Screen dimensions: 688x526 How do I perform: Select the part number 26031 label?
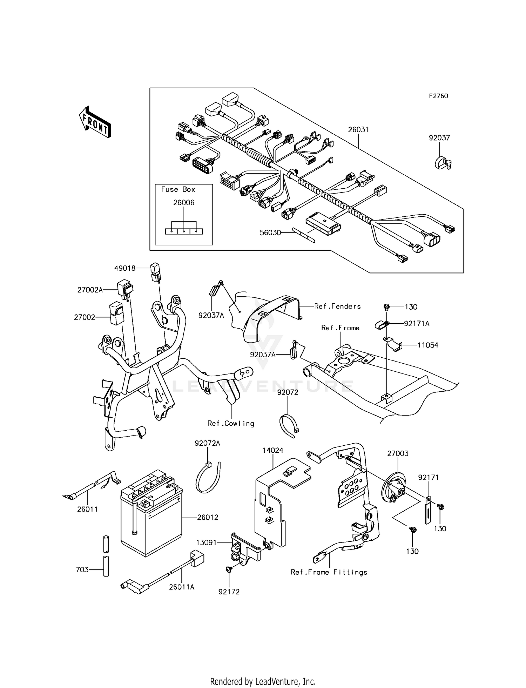tap(358, 130)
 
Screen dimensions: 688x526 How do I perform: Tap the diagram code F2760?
tap(438, 96)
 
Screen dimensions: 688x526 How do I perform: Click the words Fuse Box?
tap(178, 189)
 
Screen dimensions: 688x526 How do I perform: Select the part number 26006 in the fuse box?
tap(184, 203)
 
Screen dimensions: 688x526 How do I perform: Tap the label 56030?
tap(270, 232)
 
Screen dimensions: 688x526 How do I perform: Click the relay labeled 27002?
tap(116, 313)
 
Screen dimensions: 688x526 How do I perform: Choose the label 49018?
tap(124, 268)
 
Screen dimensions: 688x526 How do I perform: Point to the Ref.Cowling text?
tap(231, 423)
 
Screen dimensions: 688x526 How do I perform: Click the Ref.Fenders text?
tap(337, 306)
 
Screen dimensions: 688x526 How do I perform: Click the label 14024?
tap(273, 450)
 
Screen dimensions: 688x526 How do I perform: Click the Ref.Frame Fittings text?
tap(329, 572)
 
